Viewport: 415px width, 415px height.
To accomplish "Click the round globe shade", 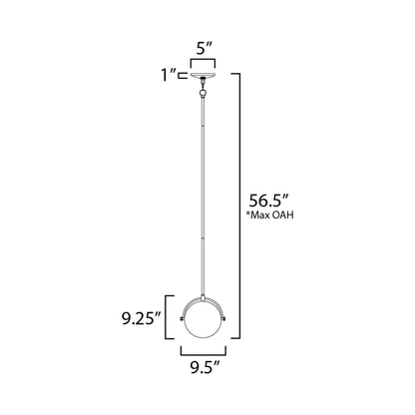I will [x=207, y=321].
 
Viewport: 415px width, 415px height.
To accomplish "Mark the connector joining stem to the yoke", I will [x=207, y=287].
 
